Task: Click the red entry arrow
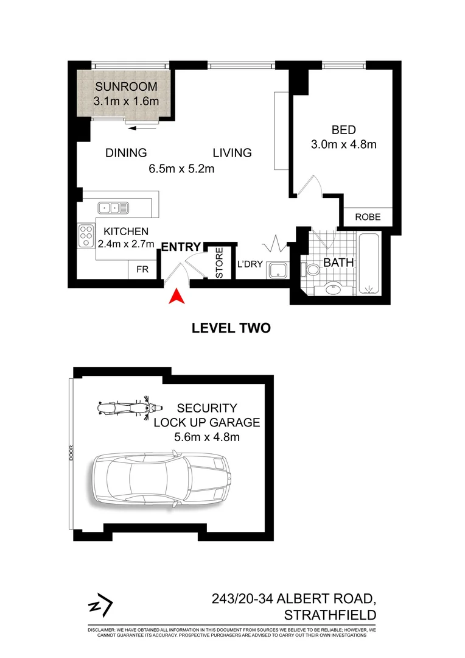click(x=176, y=296)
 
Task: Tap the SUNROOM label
click(x=125, y=86)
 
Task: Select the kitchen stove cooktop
click(x=86, y=235)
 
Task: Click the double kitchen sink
click(x=114, y=208)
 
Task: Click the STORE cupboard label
click(x=219, y=263)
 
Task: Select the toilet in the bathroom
click(x=311, y=267)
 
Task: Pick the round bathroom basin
click(x=334, y=289)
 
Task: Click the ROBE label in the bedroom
click(x=368, y=216)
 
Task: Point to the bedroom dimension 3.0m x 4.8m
click(x=344, y=144)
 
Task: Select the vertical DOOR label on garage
click(x=71, y=454)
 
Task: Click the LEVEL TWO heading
click(x=231, y=328)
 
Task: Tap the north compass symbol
click(x=100, y=606)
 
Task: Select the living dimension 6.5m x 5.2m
click(x=181, y=169)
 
